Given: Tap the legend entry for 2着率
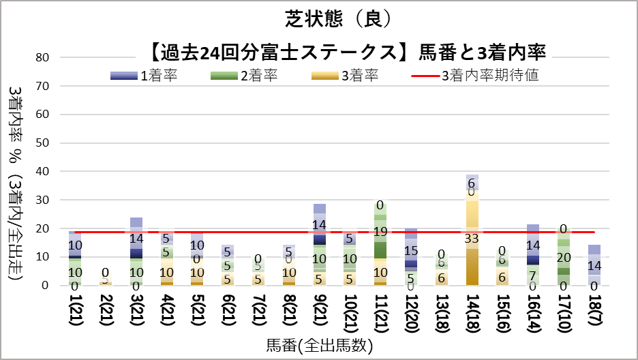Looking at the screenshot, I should pos(258,76).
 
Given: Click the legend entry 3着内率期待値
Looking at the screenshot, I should pos(490,76).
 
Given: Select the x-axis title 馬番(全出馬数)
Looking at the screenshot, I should pos(320,346).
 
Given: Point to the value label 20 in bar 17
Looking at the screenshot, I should pos(563,257).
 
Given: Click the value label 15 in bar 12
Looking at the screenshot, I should pos(410,250).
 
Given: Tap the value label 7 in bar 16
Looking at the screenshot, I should pos(532,275).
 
